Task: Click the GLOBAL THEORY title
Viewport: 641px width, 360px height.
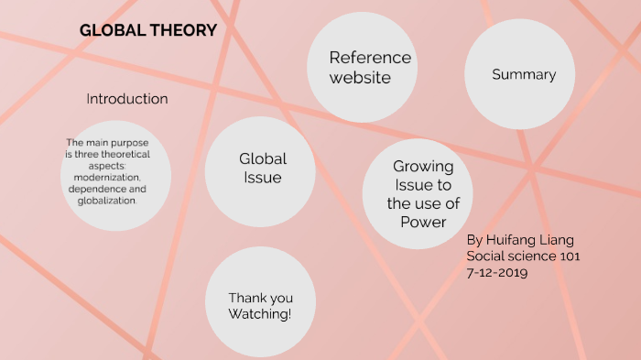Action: click(148, 30)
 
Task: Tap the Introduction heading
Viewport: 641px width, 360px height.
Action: click(127, 98)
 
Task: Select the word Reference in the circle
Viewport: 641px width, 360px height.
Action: click(370, 58)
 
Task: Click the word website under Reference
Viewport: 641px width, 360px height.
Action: click(360, 78)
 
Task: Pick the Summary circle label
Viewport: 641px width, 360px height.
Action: click(524, 74)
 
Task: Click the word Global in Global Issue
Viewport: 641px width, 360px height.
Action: click(263, 158)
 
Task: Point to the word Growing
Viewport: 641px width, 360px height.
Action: click(423, 167)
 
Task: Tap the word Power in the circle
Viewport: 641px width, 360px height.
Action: click(423, 222)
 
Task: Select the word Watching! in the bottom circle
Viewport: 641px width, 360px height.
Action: click(260, 314)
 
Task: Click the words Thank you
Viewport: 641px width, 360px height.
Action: click(260, 298)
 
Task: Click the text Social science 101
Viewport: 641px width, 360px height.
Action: click(523, 256)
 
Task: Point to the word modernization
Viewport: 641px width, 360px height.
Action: click(108, 177)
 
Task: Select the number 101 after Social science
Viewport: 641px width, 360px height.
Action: click(568, 256)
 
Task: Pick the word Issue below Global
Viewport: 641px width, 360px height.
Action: click(263, 178)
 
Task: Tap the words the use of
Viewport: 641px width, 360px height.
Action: click(423, 203)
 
